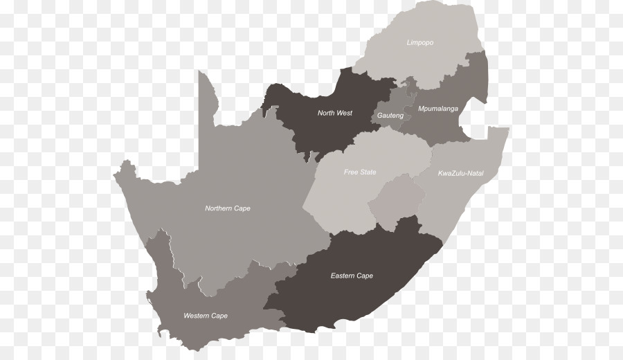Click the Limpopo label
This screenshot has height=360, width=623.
(420, 43)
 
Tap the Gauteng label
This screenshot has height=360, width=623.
(390, 116)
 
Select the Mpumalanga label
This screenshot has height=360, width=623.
(438, 109)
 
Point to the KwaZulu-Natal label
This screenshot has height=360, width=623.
(460, 173)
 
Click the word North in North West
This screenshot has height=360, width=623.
(326, 113)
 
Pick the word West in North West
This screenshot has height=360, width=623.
(344, 113)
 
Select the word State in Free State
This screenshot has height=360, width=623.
(368, 172)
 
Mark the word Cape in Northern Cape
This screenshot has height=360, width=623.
(242, 208)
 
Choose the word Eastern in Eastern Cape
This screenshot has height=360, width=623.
(342, 276)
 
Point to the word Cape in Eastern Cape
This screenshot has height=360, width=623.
(364, 276)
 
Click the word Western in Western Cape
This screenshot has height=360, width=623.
(196, 316)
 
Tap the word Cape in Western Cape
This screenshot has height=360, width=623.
(219, 316)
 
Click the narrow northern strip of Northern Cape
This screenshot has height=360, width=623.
(206, 104)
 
